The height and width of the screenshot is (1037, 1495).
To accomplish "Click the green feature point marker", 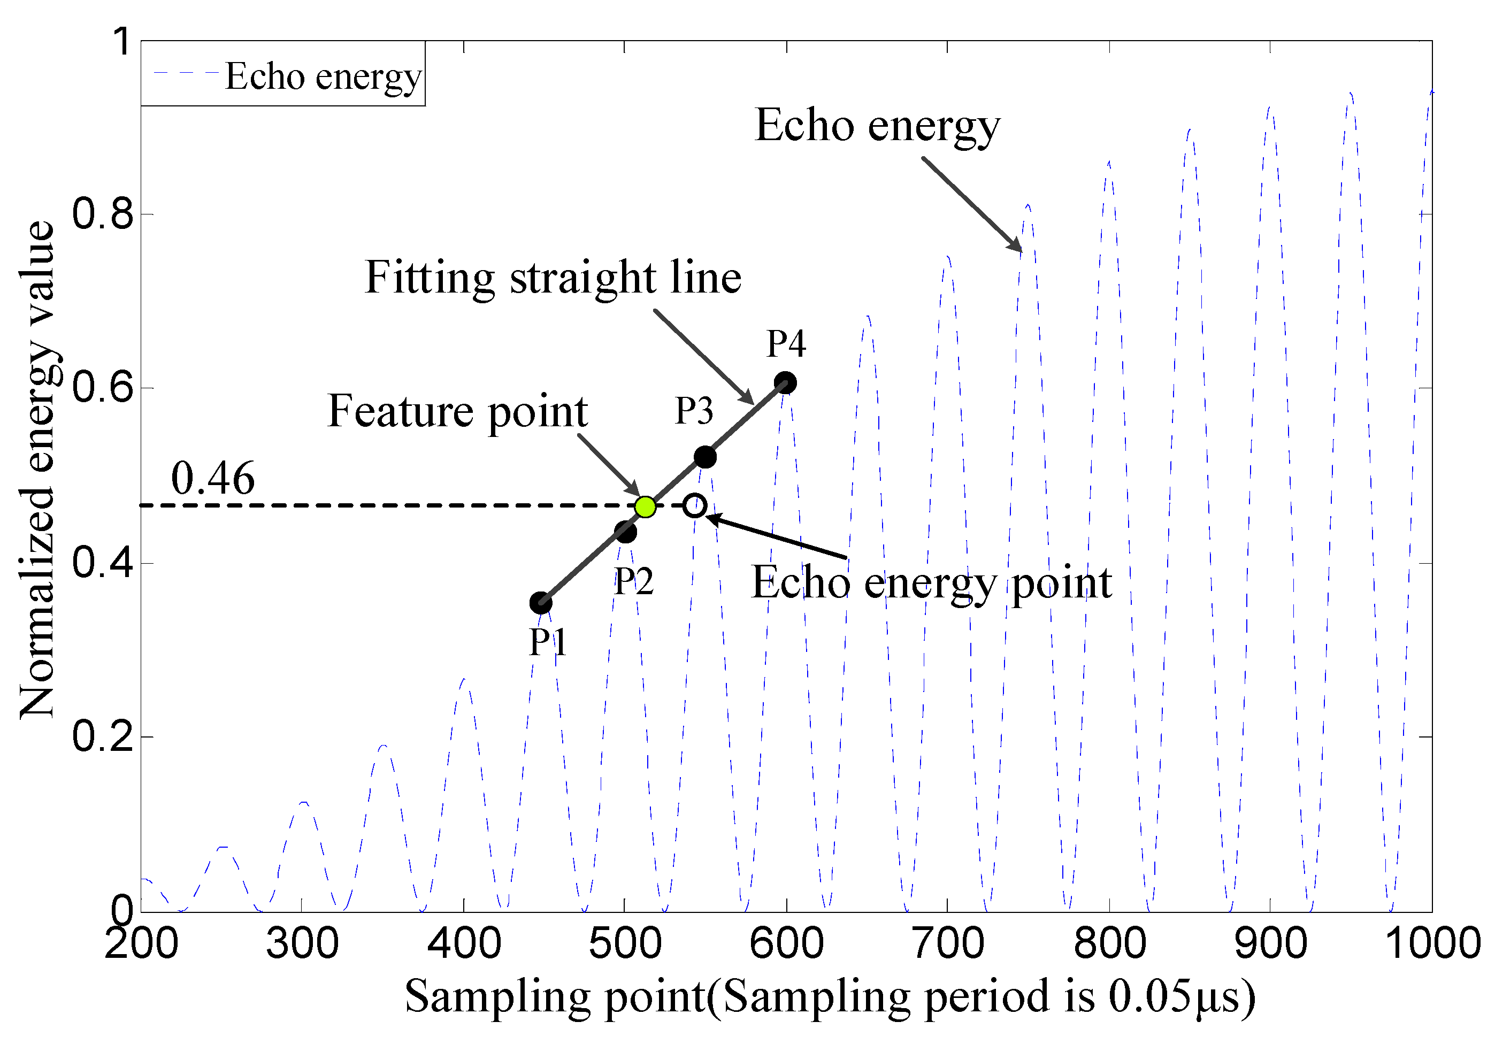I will pyautogui.click(x=645, y=506).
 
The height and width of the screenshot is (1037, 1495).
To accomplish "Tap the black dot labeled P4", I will pyautogui.click(x=785, y=383).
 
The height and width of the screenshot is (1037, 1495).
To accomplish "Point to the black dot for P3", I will pyautogui.click(x=705, y=457).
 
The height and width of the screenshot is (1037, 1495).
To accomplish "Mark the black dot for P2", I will pyautogui.click(x=625, y=532).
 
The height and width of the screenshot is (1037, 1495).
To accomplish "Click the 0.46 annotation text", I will pyautogui.click(x=212, y=478).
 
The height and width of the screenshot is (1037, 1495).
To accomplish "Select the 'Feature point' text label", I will pyautogui.click(x=457, y=411).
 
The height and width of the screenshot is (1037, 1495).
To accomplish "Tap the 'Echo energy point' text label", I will pyautogui.click(x=931, y=583).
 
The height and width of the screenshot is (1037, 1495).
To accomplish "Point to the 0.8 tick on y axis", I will pyautogui.click(x=103, y=214).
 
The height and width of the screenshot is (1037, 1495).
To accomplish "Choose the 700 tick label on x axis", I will pyautogui.click(x=948, y=943).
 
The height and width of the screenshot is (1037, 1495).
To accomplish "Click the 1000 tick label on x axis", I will pyautogui.click(x=1432, y=943).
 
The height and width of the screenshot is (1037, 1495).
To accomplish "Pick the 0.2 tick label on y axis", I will pyautogui.click(x=103, y=737).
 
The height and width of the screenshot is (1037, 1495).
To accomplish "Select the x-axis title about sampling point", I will pyautogui.click(x=830, y=996).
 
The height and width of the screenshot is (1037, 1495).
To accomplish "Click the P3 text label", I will pyautogui.click(x=694, y=411).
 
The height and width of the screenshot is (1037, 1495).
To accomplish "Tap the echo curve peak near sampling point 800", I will pyautogui.click(x=1109, y=163).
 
